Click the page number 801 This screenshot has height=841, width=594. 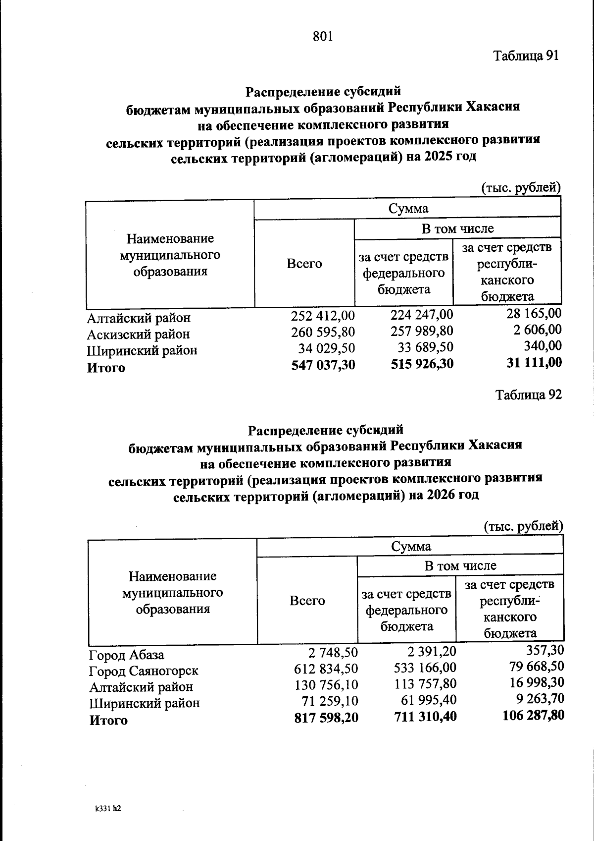[323, 36]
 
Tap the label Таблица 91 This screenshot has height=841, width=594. [526, 56]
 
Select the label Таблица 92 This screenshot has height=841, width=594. [528, 395]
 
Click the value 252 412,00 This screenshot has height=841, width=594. [323, 315]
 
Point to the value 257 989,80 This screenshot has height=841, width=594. [422, 331]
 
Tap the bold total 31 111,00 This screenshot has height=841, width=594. [534, 363]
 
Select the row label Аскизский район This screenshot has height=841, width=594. [138, 334]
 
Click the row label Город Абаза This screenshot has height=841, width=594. [126, 655]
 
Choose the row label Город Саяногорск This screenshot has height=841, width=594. [144, 671]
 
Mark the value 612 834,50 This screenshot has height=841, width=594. [326, 668]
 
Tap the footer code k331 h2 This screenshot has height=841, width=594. [108, 808]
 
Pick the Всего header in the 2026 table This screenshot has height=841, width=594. [307, 601]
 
